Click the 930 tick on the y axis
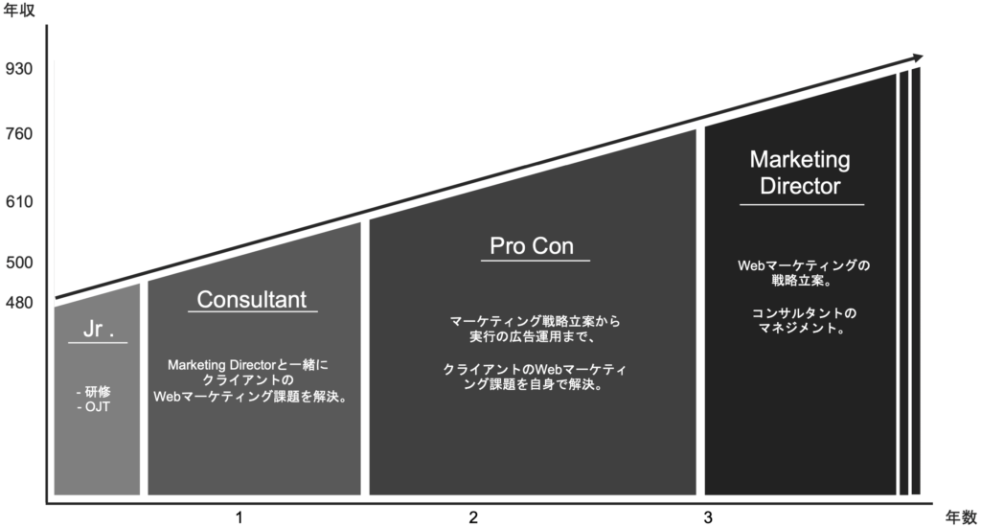click(20, 69)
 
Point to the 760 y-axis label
click(20, 134)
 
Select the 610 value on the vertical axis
click(20, 202)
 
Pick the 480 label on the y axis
click(20, 304)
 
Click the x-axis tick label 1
click(239, 517)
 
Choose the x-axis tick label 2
click(473, 517)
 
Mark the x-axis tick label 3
click(708, 517)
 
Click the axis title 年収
click(19, 14)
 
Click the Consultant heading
click(251, 299)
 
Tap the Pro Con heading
click(532, 246)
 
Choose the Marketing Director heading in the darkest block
click(800, 172)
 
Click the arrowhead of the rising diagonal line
click(916, 58)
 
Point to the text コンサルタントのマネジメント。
click(800, 320)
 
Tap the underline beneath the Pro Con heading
click(535, 262)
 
